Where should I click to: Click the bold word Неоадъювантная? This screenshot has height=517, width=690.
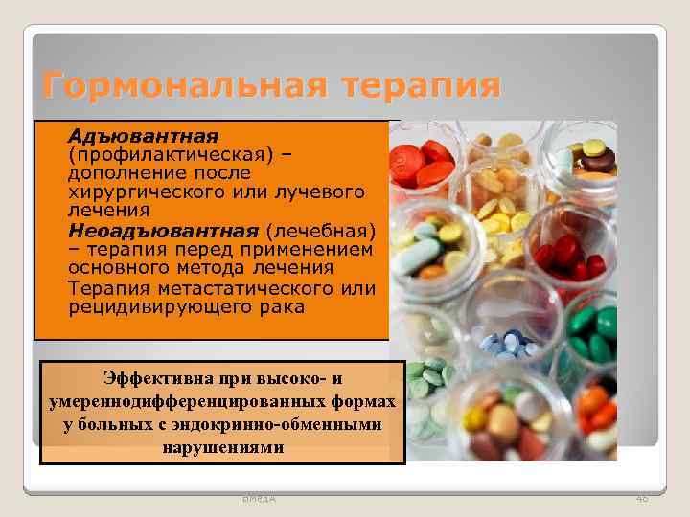coord(164,230)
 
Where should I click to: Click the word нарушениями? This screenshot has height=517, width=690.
coord(222,446)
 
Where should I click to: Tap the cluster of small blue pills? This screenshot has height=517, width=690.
coord(508,343)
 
